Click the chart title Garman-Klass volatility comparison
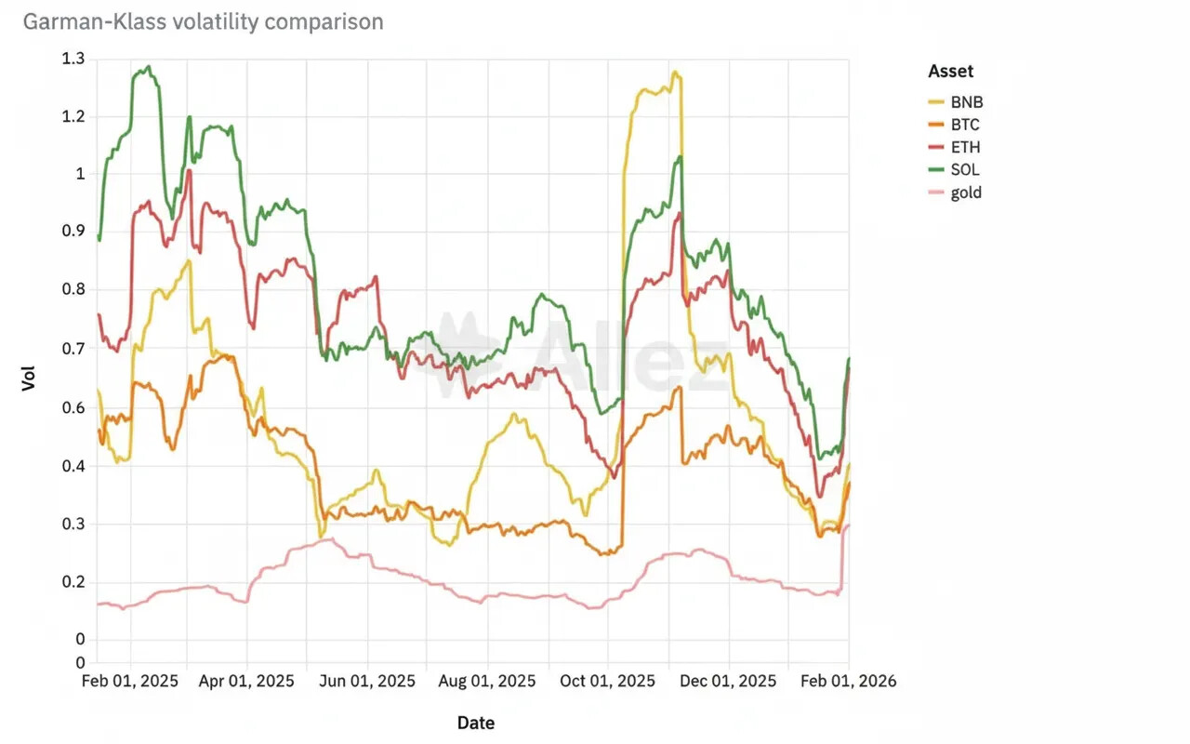tap(203, 21)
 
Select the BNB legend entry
tap(966, 102)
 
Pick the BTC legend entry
tap(965, 125)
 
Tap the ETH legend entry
tap(965, 147)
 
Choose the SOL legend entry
tap(965, 170)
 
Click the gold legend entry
tap(966, 193)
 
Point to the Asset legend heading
tap(951, 72)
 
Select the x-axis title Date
tap(476, 723)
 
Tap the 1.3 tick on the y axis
tap(73, 59)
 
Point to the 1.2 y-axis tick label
tap(73, 116)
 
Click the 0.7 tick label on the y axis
tap(73, 349)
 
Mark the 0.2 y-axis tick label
tap(73, 582)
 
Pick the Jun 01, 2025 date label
tap(369, 681)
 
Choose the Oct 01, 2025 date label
tap(609, 681)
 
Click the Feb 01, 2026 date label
tap(850, 681)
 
